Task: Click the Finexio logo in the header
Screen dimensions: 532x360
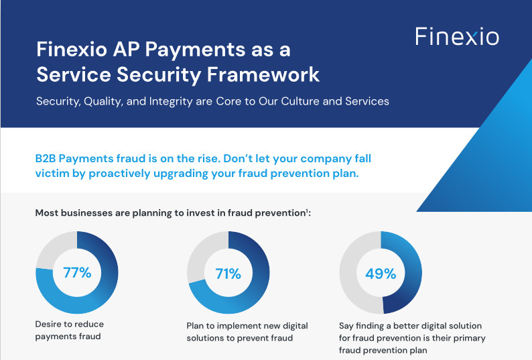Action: pyautogui.click(x=457, y=36)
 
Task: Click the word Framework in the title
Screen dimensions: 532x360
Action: pyautogui.click(x=263, y=74)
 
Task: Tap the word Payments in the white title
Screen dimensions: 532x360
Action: pyautogui.click(x=195, y=50)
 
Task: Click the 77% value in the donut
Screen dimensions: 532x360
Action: pyautogui.click(x=77, y=272)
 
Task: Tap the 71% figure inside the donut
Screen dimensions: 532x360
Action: pyautogui.click(x=228, y=274)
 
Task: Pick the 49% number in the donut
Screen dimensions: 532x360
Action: pyautogui.click(x=381, y=274)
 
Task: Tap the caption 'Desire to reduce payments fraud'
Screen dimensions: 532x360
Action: pyautogui.click(x=69, y=330)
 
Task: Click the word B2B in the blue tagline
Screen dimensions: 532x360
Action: pyautogui.click(x=46, y=159)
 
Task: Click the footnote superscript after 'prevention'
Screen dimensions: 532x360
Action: pyautogui.click(x=307, y=211)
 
